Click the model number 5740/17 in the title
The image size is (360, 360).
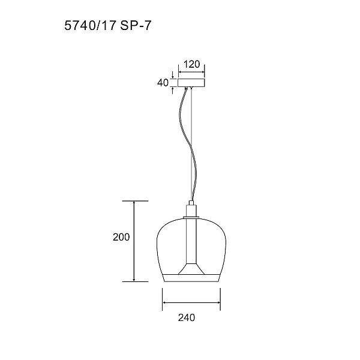click(90, 25)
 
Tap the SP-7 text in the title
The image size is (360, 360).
click(136, 25)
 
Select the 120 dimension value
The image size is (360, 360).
click(192, 64)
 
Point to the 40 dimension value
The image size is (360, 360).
click(163, 83)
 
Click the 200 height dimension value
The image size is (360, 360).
click(121, 237)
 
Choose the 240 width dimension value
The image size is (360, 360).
click(187, 317)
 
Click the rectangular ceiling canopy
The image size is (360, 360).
click(191, 83)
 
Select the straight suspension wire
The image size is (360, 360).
click(191, 145)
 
